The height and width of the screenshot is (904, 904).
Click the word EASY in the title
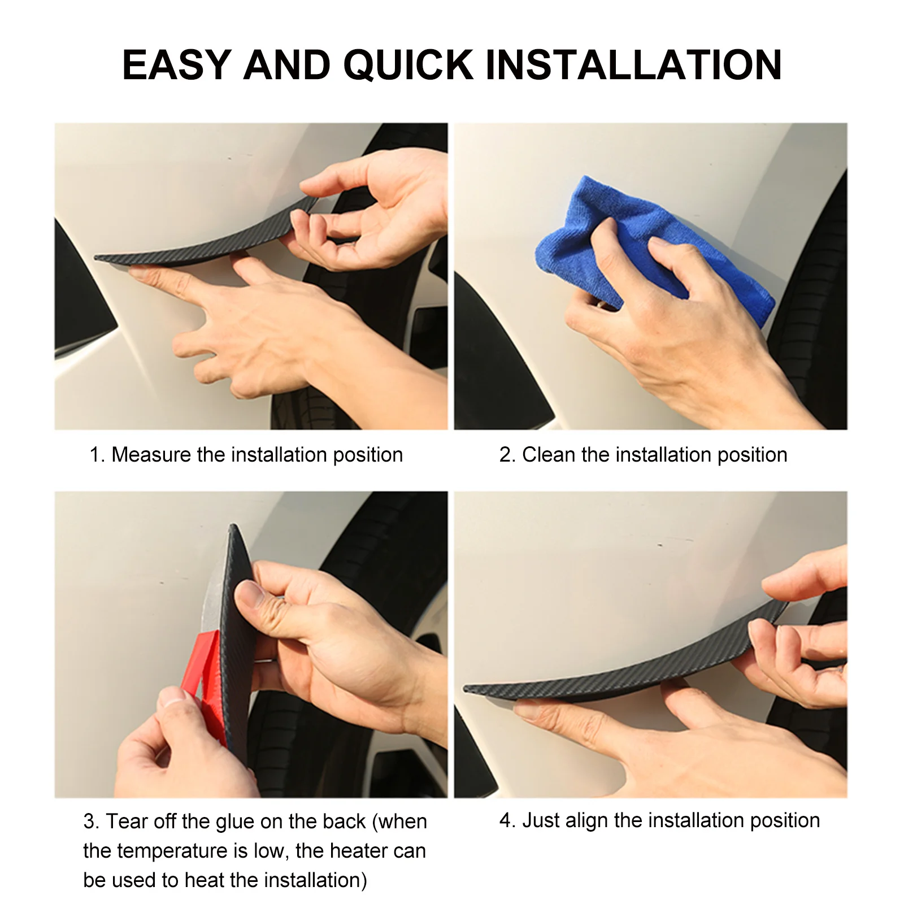click(x=176, y=65)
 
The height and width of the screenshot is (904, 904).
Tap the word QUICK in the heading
click(x=408, y=65)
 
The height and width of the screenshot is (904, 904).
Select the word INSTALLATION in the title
click(x=633, y=65)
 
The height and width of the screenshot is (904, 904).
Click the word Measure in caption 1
click(x=151, y=455)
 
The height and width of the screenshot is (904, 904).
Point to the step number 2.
click(x=506, y=455)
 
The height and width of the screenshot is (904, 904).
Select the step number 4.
click(x=506, y=820)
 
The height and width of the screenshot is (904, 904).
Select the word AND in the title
click(x=286, y=65)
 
